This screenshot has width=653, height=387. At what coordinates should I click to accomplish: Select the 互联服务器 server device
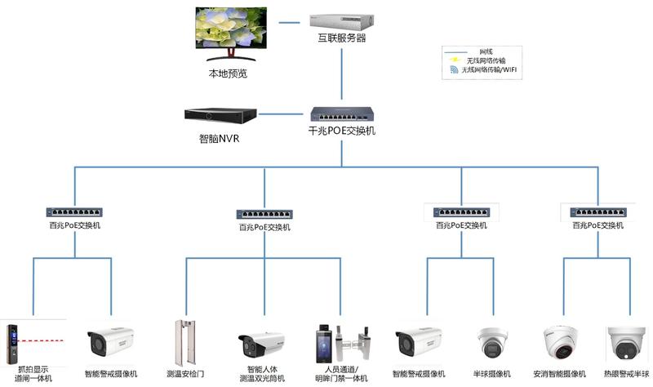pos(341,18)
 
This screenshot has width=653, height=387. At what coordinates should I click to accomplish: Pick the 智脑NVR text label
pos(219,138)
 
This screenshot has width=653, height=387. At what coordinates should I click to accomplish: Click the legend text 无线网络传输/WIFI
pos(490,70)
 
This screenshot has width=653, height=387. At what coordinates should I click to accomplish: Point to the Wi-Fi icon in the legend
pos(455,70)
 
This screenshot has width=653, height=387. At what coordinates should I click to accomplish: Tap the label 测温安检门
pos(185,374)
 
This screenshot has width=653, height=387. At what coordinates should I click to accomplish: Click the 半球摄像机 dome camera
pos(494,344)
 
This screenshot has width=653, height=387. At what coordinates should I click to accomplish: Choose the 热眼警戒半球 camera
pos(626,343)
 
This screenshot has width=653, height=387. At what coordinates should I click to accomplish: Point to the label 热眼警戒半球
pos(627,374)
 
